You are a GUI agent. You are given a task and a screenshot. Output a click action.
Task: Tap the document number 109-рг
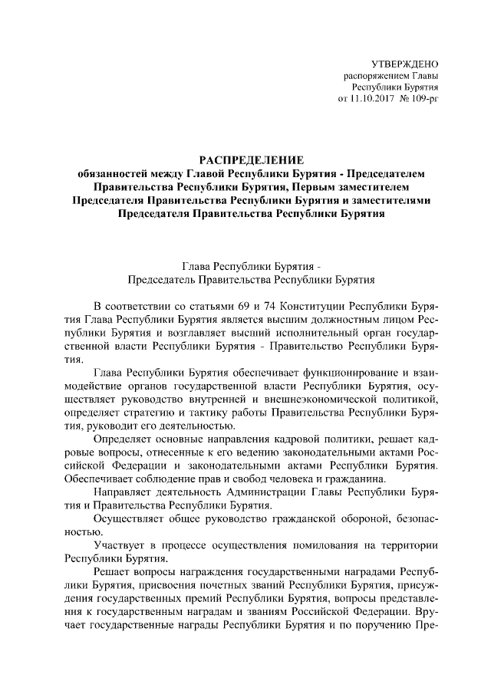pos(421,98)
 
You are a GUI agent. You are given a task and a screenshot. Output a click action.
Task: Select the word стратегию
pos(152,413)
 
